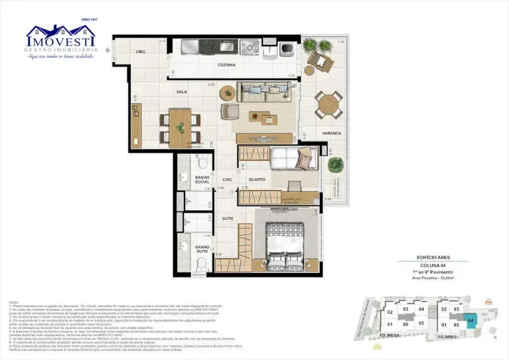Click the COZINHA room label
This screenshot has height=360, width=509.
(226, 65)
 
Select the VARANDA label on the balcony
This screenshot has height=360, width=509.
(332, 133)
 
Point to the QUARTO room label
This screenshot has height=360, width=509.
(256, 179)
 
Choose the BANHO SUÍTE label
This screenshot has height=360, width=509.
(202, 249)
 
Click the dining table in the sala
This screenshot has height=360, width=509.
(180, 127)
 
